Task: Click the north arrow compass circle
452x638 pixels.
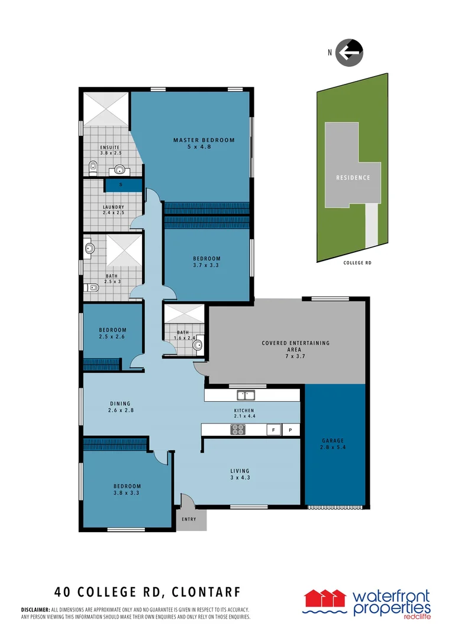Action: click(349, 52)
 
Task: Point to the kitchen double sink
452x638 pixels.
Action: click(246, 395)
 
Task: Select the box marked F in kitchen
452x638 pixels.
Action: click(273, 430)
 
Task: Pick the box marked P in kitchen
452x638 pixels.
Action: click(290, 430)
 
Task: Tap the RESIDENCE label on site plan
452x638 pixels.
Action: click(353, 177)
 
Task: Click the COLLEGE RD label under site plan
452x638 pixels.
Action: click(357, 263)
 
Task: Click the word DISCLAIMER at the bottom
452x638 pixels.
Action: click(35, 610)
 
